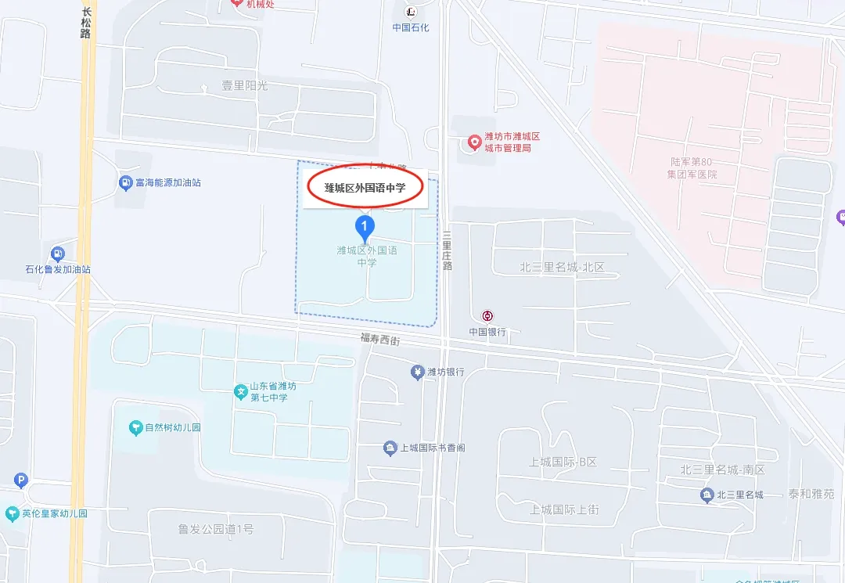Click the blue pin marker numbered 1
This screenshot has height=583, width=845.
(x=365, y=228)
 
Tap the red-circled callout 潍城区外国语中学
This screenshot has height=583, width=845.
(x=365, y=188)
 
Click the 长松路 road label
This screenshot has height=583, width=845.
(x=86, y=23)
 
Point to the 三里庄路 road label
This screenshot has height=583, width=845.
(x=447, y=250)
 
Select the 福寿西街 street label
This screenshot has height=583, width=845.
(x=380, y=339)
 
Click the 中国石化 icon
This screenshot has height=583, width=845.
(x=411, y=12)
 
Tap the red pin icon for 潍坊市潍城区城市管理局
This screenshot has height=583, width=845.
(x=473, y=142)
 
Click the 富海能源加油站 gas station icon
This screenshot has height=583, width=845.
(x=124, y=182)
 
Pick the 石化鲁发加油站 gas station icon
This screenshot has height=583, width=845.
(x=57, y=254)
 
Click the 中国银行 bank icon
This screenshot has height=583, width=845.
(x=487, y=316)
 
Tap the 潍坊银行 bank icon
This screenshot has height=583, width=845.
(x=417, y=372)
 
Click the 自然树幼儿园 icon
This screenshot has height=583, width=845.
(x=135, y=427)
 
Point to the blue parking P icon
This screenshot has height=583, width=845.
(x=21, y=480)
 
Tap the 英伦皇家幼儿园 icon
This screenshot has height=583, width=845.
(x=11, y=513)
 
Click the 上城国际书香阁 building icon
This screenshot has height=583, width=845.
(x=390, y=448)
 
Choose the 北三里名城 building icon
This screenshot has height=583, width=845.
(x=707, y=495)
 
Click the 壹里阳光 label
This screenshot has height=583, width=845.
(x=245, y=86)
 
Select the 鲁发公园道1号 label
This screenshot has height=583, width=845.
(x=215, y=529)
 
